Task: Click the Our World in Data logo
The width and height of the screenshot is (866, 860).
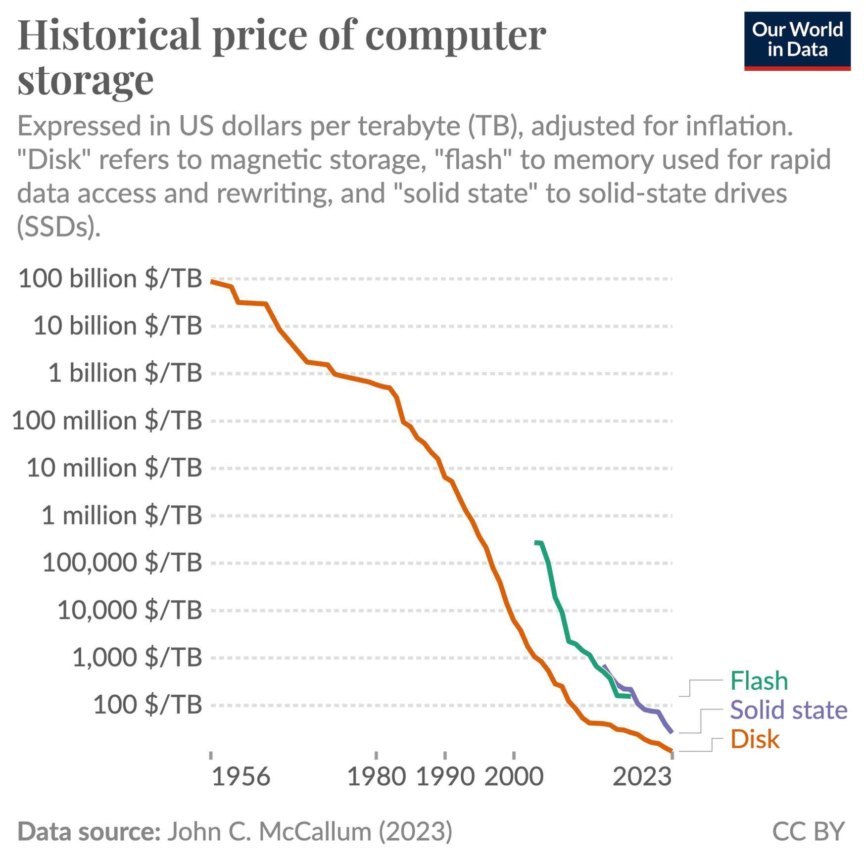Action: pyautogui.click(x=797, y=41)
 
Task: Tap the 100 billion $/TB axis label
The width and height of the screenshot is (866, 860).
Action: pyautogui.click(x=110, y=279)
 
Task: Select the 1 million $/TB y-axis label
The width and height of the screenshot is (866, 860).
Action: pyautogui.click(x=121, y=516)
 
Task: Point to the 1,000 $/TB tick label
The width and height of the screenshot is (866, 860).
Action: pyautogui.click(x=137, y=658)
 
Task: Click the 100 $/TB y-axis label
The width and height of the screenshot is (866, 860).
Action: pyautogui.click(x=147, y=705)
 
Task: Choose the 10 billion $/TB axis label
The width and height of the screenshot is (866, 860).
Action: pyautogui.click(x=117, y=326)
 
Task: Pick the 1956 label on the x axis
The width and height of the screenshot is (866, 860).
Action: pyautogui.click(x=241, y=777)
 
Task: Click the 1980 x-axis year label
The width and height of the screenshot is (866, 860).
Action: pyautogui.click(x=377, y=777)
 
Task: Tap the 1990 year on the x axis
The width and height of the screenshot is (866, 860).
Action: pyautogui.click(x=445, y=777)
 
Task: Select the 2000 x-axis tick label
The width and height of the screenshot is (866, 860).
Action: pyautogui.click(x=514, y=777)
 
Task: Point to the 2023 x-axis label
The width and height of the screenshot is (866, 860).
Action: pyautogui.click(x=642, y=777)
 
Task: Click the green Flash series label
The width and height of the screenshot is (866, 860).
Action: pyautogui.click(x=759, y=681)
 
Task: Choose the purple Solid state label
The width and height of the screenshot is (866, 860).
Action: pyautogui.click(x=788, y=710)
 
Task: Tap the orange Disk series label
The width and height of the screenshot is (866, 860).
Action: pyautogui.click(x=755, y=739)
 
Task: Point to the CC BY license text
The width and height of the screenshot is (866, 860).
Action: pyautogui.click(x=808, y=831)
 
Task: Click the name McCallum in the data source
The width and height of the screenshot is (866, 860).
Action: pyautogui.click(x=315, y=831)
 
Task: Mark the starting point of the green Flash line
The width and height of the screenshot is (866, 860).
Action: pyautogui.click(x=536, y=542)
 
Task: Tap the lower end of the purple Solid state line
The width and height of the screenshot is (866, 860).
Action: pyautogui.click(x=671, y=732)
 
